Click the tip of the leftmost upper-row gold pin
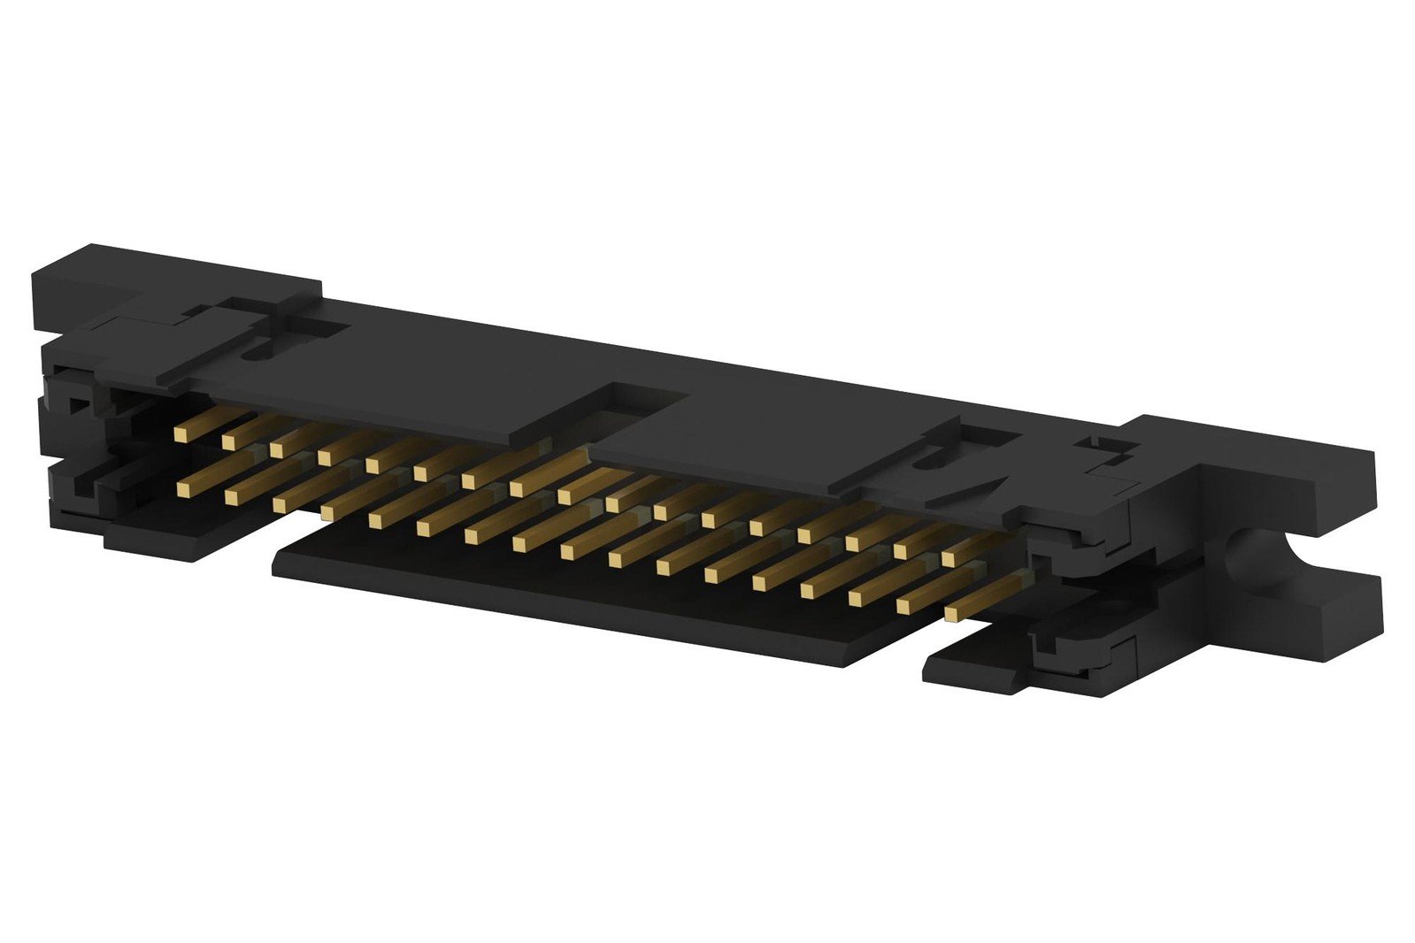point(181,433)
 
